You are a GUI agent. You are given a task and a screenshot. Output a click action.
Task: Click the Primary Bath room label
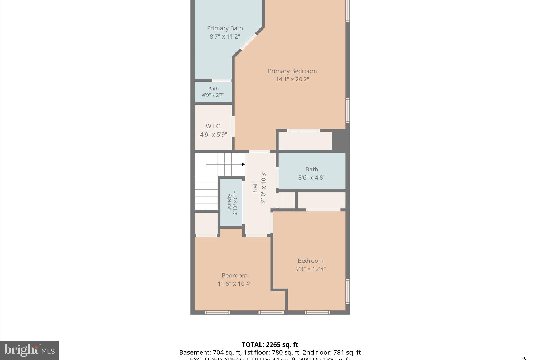(x=225, y=28)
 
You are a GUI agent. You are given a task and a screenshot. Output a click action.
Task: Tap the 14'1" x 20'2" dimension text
(x=292, y=79)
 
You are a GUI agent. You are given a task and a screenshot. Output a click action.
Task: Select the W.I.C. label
(x=213, y=126)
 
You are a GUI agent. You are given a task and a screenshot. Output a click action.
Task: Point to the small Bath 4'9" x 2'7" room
(x=213, y=92)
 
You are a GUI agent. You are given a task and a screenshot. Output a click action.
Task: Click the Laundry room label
(x=229, y=203)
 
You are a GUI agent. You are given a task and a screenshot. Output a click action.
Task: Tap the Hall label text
(x=255, y=187)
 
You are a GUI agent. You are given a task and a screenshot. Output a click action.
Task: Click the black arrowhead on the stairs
(x=243, y=164)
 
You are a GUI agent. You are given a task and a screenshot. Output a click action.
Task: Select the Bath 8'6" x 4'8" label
(x=312, y=173)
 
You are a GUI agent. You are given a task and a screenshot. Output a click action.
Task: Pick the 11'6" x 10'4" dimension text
(x=234, y=284)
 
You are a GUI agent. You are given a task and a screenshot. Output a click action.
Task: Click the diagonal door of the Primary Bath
(x=248, y=42)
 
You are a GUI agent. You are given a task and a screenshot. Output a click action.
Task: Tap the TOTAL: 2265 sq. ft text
(x=270, y=345)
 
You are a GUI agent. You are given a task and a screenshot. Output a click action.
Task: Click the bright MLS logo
(x=29, y=350)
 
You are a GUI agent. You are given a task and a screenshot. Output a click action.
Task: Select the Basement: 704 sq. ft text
(x=210, y=353)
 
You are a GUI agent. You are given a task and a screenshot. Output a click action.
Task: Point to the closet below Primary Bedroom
(x=305, y=141)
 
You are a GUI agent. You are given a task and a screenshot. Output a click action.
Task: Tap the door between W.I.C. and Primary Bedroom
(x=233, y=126)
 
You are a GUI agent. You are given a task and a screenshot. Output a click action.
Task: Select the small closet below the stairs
(x=206, y=223)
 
